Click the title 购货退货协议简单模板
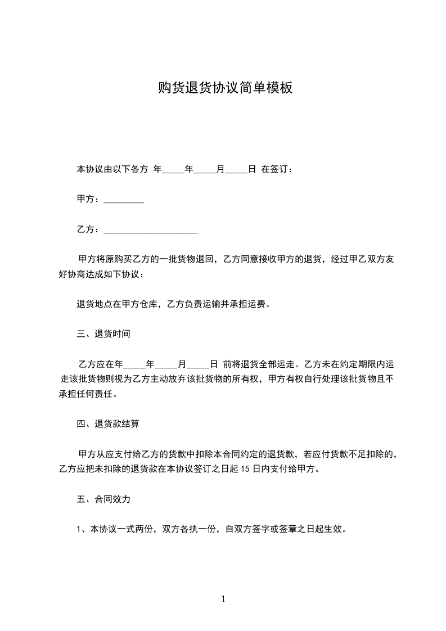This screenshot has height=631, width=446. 225,88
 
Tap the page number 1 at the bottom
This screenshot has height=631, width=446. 223,599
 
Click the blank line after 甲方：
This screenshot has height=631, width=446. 124,200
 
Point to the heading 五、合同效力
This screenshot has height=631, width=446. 103,499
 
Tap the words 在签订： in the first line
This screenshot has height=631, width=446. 277,169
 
